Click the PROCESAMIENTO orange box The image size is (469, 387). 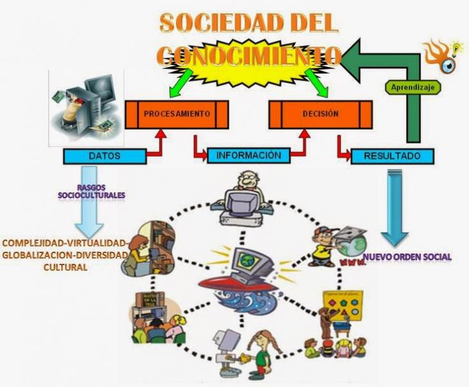click(x=177, y=114)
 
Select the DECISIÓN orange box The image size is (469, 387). click(x=320, y=114)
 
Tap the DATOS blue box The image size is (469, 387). click(x=104, y=155)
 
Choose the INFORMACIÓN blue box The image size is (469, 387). click(x=248, y=155)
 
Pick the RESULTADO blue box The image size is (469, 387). click(x=392, y=156)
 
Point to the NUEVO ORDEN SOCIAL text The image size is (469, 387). click(x=407, y=257)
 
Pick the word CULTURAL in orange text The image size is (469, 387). click(x=64, y=266)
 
